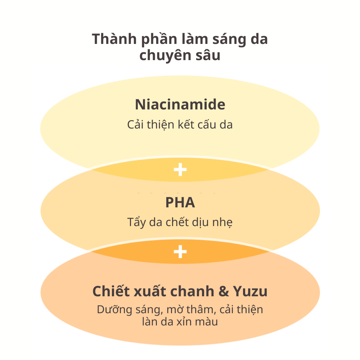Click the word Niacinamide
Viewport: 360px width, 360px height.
pyautogui.click(x=180, y=105)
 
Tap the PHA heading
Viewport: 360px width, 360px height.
pyautogui.click(x=180, y=203)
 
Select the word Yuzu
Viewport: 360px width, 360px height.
pyautogui.click(x=252, y=292)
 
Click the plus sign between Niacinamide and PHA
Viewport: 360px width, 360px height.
pyautogui.click(x=180, y=170)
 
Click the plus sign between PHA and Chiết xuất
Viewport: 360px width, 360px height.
pyautogui.click(x=180, y=252)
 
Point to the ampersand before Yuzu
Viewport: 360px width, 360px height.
pyautogui.click(x=224, y=292)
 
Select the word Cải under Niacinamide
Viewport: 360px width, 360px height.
pyautogui.click(x=136, y=125)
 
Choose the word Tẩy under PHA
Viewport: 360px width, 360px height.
pyautogui.click(x=136, y=222)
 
